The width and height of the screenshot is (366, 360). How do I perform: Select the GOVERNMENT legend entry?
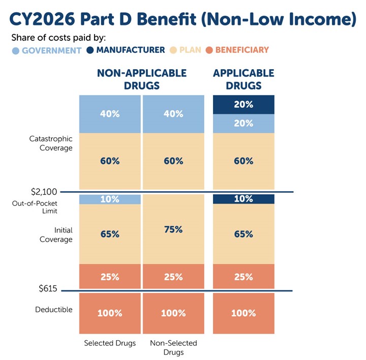(x=47, y=50)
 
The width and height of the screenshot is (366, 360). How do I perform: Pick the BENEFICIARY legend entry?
(x=238, y=50)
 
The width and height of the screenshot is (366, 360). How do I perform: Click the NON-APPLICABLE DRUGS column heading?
(x=141, y=79)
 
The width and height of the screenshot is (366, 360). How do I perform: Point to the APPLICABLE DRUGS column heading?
(x=243, y=79)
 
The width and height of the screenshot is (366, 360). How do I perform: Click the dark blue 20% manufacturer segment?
(x=243, y=104)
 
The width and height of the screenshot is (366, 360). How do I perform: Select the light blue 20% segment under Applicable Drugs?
(x=243, y=124)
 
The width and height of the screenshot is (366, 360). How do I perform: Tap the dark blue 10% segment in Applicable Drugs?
(x=243, y=199)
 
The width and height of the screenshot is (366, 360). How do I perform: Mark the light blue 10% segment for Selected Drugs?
(x=110, y=199)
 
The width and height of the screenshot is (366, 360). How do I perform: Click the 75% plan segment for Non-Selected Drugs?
(x=173, y=229)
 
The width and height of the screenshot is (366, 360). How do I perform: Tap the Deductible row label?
(x=54, y=310)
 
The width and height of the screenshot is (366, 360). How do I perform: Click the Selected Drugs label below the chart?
(x=110, y=343)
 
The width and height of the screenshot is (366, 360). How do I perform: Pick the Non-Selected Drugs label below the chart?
(x=173, y=348)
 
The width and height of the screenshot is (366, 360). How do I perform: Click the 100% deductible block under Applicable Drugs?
(x=243, y=313)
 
